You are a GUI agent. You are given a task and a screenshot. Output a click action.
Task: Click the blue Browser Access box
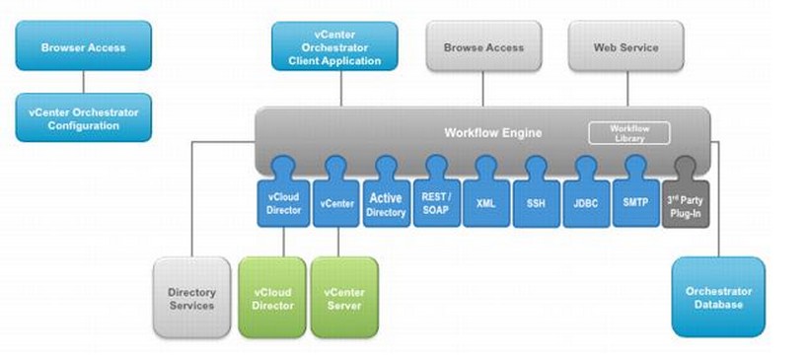pyautogui.click(x=84, y=47)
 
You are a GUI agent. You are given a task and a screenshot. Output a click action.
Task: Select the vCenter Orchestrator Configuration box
pyautogui.click(x=84, y=118)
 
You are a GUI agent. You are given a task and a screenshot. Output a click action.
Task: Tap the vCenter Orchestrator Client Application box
pyautogui.click(x=334, y=47)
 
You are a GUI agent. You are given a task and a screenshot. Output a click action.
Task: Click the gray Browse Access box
pyautogui.click(x=483, y=47)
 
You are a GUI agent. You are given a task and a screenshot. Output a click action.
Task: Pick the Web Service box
pyautogui.click(x=625, y=47)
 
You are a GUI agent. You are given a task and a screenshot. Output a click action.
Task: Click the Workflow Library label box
pyautogui.click(x=628, y=133)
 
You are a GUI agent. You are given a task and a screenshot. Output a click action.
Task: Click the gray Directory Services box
pyautogui.click(x=191, y=299)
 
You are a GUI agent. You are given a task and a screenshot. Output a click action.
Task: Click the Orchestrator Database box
pyautogui.click(x=718, y=297)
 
